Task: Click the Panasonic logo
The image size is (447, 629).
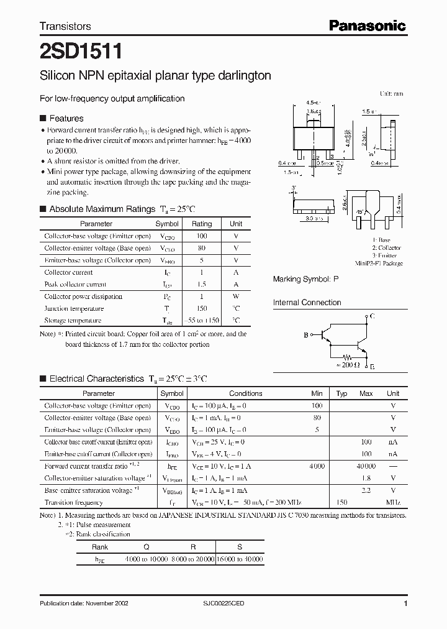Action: [x=366, y=25]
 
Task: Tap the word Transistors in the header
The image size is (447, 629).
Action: [x=65, y=26]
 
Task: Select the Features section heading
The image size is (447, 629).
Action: [x=66, y=118]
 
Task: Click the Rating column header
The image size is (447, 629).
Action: [x=202, y=224]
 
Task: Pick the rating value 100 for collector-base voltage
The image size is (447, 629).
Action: [x=202, y=236]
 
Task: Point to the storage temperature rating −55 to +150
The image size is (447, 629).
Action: [x=202, y=321]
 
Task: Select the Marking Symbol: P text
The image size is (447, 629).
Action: [x=306, y=280]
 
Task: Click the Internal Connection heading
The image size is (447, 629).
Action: [x=307, y=303]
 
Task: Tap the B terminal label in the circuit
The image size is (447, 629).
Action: [x=306, y=336]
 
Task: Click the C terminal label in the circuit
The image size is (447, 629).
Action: [x=372, y=317]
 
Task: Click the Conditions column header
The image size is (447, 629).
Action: [x=246, y=393]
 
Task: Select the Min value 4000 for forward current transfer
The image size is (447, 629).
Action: [x=317, y=466]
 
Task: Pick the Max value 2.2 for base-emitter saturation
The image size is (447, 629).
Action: [x=366, y=490]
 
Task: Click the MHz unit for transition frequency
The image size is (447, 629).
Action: [x=393, y=502]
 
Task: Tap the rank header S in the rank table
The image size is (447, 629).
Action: [x=240, y=547]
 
